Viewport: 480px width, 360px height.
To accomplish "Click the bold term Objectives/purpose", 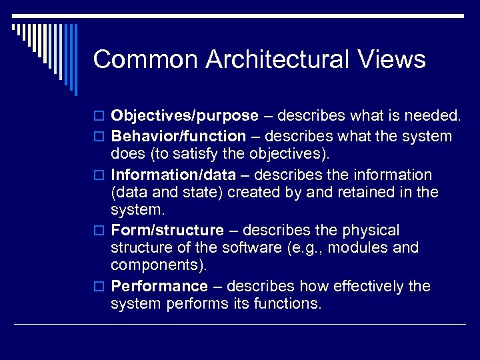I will (185, 116).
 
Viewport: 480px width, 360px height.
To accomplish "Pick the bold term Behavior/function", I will (178, 137).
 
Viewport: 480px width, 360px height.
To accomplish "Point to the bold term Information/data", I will (173, 175).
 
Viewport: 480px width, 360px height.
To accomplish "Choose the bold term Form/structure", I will (167, 231).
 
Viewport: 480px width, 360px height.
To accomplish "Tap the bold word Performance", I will (159, 287).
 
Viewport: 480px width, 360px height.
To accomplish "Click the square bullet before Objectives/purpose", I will (101, 117).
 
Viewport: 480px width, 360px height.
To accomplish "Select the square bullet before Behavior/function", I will (101, 138).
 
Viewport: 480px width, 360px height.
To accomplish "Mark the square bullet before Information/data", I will (101, 176).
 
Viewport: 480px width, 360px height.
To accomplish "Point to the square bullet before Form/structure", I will (101, 232).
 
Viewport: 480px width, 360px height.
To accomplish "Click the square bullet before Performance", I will (101, 288).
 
